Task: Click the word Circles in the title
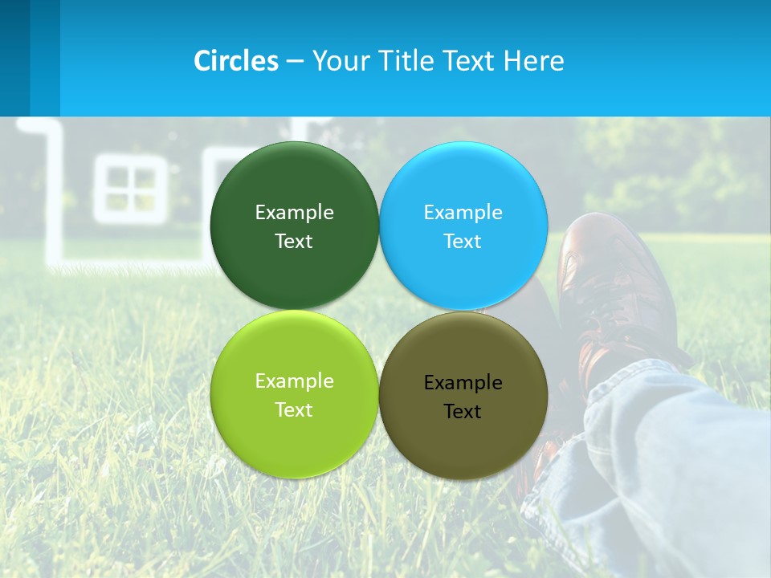click(236, 61)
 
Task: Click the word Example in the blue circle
click(463, 212)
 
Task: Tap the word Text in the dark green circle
click(294, 241)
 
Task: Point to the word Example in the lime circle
click(294, 381)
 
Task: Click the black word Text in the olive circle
click(463, 411)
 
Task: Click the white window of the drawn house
click(130, 189)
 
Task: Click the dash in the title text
click(295, 61)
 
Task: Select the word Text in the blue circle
click(463, 241)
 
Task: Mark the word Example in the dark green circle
click(294, 212)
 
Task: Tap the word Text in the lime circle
click(294, 409)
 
